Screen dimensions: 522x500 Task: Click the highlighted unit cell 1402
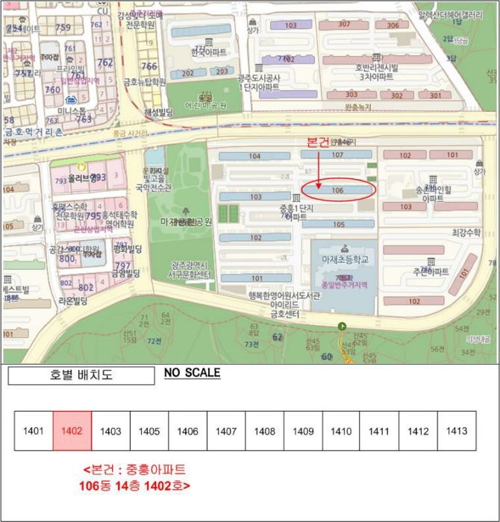click(72, 431)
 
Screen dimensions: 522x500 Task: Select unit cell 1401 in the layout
click(34, 431)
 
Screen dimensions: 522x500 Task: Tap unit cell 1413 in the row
click(456, 431)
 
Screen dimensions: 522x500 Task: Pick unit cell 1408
click(264, 431)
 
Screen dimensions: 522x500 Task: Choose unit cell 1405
click(149, 431)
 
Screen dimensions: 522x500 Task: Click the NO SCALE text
click(192, 373)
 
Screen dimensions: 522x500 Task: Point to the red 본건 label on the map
click(318, 142)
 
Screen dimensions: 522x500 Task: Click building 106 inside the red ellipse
click(337, 190)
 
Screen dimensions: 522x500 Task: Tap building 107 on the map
click(337, 155)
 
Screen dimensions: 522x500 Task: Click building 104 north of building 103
click(254, 156)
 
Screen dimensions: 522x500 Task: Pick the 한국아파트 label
click(208, 53)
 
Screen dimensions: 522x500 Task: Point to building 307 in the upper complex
click(343, 25)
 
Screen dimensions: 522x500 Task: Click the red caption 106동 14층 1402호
click(134, 485)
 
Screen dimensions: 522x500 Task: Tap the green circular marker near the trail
click(342, 326)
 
